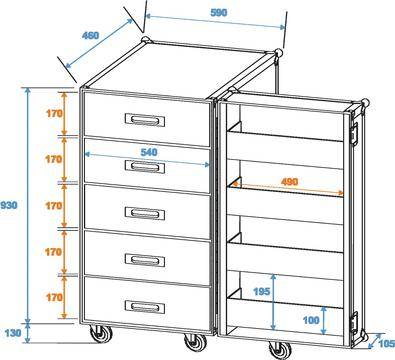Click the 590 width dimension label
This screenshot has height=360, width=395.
tap(219, 12)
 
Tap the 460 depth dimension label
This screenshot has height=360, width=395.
tap(90, 35)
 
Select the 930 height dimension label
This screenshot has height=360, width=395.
tap(9, 205)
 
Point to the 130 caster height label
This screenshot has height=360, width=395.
tap(13, 332)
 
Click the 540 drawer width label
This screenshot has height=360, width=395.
tap(149, 152)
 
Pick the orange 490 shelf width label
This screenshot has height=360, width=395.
tap(289, 182)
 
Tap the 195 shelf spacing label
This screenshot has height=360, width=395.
tap(262, 291)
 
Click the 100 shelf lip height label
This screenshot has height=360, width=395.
tap(311, 320)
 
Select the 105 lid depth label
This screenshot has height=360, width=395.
tap(387, 343)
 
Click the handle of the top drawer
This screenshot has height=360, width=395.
tap(145, 120)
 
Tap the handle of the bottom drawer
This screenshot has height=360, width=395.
tap(145, 307)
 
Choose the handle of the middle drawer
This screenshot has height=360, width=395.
tap(145, 213)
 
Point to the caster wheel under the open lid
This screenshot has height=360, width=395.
tap(279, 349)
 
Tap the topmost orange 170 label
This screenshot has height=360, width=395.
tap(54, 114)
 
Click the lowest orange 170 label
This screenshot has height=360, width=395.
tap(54, 297)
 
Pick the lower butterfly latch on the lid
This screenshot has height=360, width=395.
tap(353, 323)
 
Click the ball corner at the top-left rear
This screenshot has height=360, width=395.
tap(146, 40)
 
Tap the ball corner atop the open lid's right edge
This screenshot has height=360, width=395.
tap(365, 103)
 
